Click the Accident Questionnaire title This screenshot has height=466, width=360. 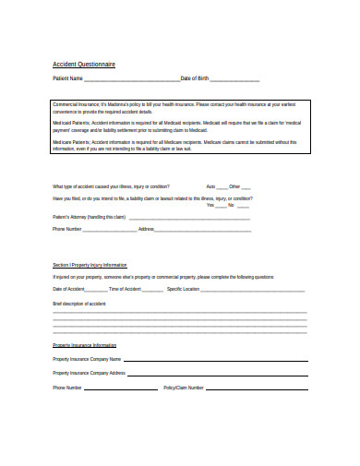pyautogui.click(x=84, y=65)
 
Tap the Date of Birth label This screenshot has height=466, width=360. pyautogui.click(x=197, y=79)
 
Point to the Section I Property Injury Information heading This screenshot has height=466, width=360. pyautogui.click(x=90, y=265)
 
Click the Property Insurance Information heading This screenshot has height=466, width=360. pyautogui.click(x=85, y=345)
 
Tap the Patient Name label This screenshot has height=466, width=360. pyautogui.click(x=67, y=79)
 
